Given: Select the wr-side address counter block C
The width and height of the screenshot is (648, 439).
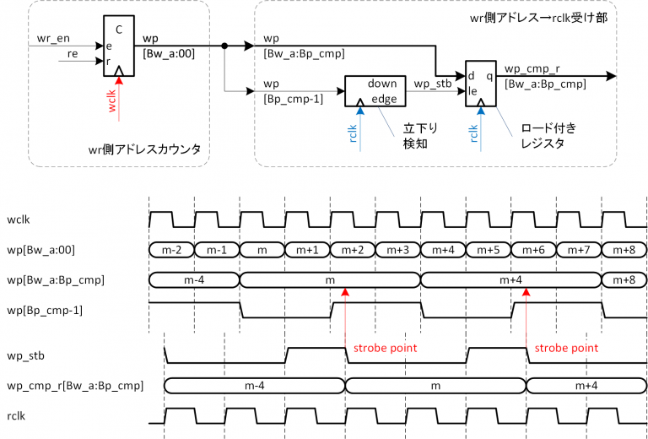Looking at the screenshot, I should click(x=119, y=46).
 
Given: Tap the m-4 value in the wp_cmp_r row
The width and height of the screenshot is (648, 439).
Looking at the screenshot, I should click(x=255, y=386).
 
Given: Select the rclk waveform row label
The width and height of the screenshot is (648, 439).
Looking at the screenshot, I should click(x=18, y=416).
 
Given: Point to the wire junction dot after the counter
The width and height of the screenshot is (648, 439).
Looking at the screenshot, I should click(x=224, y=46).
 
